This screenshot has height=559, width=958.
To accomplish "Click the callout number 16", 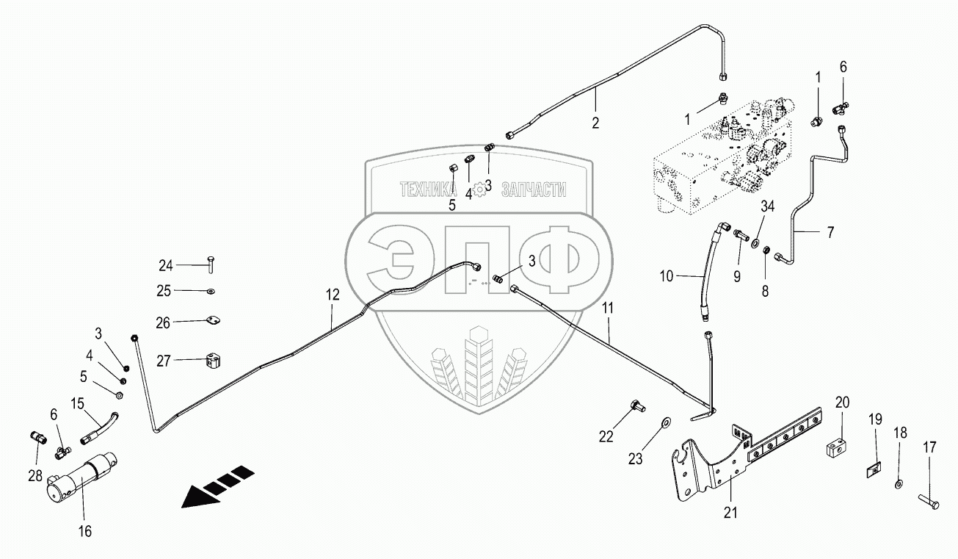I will click(85, 531).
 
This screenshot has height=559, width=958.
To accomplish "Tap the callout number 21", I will click(729, 513).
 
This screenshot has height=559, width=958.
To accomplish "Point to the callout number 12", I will click(333, 295).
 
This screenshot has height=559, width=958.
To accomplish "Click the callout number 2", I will click(595, 123).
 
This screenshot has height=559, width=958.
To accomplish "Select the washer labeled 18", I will click(900, 484).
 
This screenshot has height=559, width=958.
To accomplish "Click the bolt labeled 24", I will click(209, 263).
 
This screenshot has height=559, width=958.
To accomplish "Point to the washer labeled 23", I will click(665, 422).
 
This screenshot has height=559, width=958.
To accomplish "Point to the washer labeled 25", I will click(211, 291).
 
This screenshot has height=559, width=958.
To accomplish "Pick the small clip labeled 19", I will click(873, 470).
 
